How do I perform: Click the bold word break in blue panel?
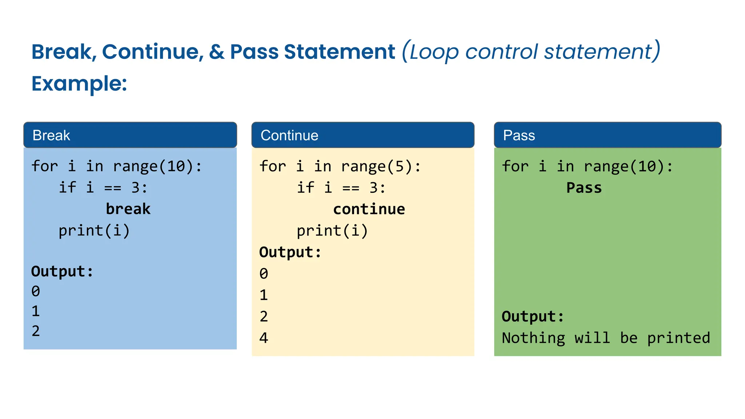pos(128,209)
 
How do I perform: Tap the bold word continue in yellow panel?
pos(369,209)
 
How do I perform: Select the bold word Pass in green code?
pos(584,188)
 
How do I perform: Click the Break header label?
pos(51,135)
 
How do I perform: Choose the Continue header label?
pos(289,135)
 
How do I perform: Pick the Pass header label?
pos(519,135)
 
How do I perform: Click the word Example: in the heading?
pos(79,84)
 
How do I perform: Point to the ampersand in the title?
pos(217,52)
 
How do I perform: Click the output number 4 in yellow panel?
pos(264,338)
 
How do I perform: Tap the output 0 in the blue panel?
pos(36,291)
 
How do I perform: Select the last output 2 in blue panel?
pos(36,331)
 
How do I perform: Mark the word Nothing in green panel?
pos(533,338)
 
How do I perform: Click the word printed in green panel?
pos(678,338)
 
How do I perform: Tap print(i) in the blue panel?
pos(94,231)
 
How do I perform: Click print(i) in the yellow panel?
pos(332,231)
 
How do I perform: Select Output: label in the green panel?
pos(533,316)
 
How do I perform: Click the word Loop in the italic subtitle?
pos(434,52)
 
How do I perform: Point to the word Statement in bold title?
pos(339,52)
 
